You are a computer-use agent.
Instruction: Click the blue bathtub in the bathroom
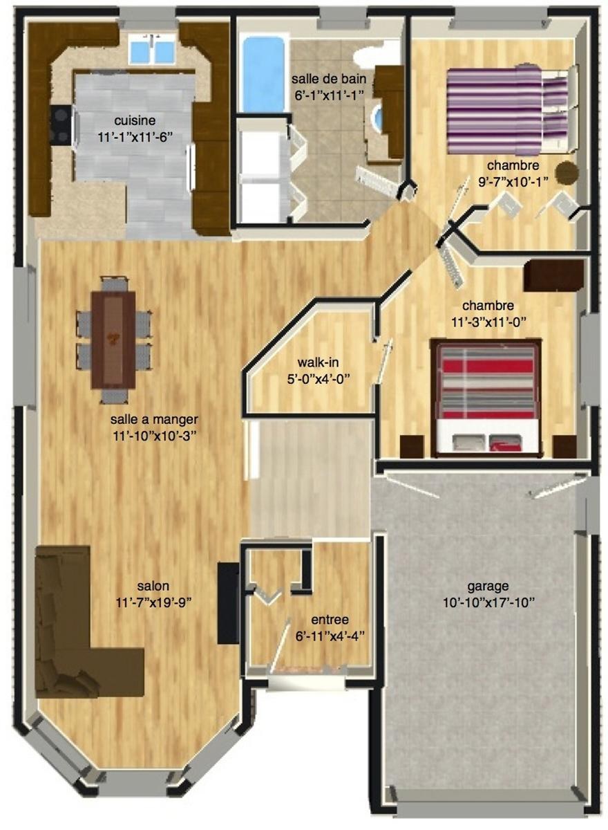click(x=264, y=74)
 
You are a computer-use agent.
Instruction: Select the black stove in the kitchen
click(x=60, y=124)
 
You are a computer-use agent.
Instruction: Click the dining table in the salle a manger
click(x=113, y=340)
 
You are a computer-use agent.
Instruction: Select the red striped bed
click(x=486, y=397)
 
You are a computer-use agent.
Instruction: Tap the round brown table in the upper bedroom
click(x=567, y=173)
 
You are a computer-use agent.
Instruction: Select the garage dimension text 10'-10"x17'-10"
click(x=489, y=603)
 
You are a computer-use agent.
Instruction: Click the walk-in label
click(x=319, y=362)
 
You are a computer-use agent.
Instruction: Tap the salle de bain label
click(x=329, y=79)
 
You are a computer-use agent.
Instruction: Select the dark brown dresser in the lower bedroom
click(x=553, y=275)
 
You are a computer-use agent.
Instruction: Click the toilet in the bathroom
click(x=377, y=55)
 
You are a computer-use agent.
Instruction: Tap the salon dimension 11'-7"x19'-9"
click(x=153, y=603)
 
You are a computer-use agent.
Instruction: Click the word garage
click(x=488, y=587)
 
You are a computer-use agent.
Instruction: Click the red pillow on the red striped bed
click(x=506, y=442)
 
